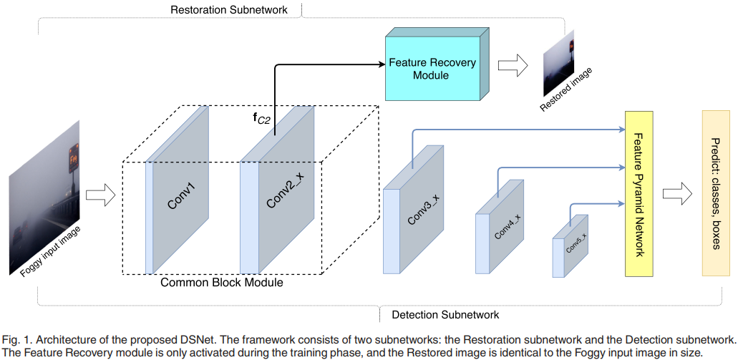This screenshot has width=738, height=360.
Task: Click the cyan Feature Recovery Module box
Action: (x=432, y=69)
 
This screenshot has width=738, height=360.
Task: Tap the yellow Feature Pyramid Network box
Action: (x=641, y=193)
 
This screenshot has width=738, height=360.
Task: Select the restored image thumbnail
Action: (x=560, y=63)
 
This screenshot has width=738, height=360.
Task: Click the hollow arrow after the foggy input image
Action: (x=99, y=193)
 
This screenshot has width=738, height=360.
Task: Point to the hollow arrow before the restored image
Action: (x=512, y=66)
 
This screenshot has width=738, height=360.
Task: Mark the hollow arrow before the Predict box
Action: (x=677, y=193)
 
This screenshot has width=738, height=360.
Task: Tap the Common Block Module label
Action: (x=222, y=283)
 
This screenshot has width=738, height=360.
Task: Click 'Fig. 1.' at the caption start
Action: (x=15, y=337)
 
